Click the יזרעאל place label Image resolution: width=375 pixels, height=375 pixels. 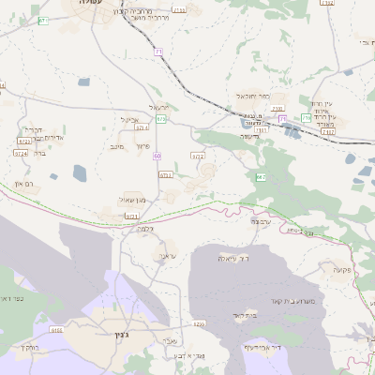[x=160, y=107]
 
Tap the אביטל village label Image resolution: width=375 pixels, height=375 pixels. [x=129, y=119]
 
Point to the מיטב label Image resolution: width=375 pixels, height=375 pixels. [x=116, y=146]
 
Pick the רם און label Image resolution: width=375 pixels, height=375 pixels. [x=25, y=185]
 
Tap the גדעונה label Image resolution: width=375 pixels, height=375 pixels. [x=248, y=136]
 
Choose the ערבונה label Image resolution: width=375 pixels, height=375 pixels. [x=262, y=221]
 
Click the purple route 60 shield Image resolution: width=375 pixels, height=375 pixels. [x=157, y=156]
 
